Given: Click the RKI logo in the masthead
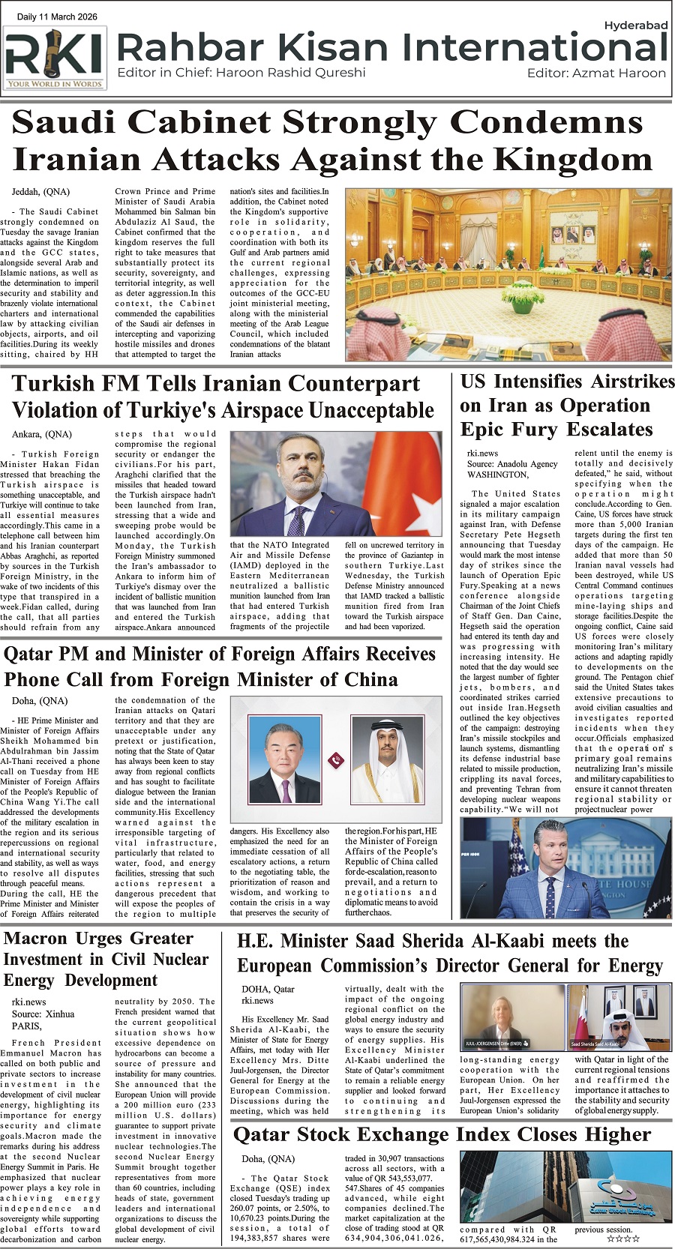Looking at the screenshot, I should point(55,58).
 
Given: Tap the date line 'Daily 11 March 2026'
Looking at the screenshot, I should point(57,16).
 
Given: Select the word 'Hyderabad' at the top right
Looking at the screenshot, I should point(635,25).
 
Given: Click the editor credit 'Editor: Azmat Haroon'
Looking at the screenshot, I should point(596,73).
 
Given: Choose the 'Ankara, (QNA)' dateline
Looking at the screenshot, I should point(42,434).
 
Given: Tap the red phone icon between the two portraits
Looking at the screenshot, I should point(336,760).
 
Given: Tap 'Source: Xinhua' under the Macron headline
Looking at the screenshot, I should point(43,1014).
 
